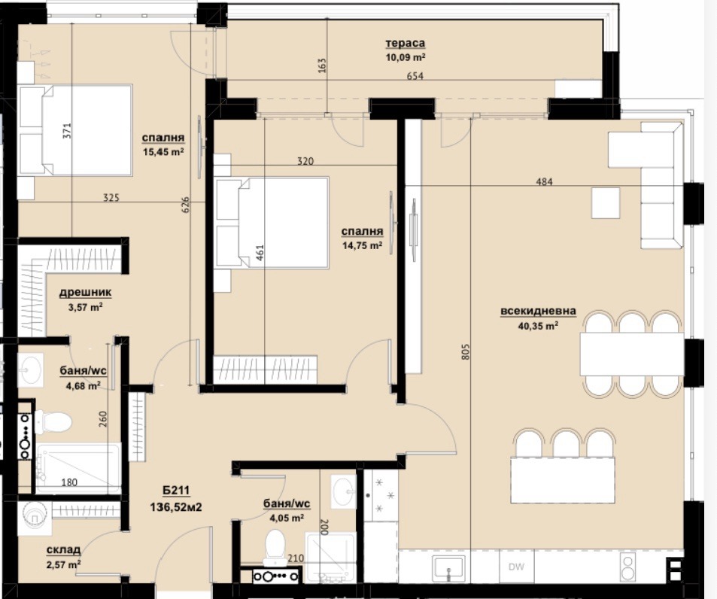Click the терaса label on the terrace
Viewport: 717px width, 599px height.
405,44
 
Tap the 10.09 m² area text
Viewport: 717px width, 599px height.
405,56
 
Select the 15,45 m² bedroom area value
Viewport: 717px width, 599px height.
163,151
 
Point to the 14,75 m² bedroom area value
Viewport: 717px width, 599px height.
362,245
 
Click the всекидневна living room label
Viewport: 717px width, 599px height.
537,312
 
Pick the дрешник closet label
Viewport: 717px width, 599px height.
85,293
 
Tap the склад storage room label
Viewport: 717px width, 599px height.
63,551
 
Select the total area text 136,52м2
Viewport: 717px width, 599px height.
176,507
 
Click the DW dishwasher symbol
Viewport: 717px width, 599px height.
516,567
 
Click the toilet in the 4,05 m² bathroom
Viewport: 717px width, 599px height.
275,545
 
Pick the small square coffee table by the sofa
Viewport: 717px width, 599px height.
606,202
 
